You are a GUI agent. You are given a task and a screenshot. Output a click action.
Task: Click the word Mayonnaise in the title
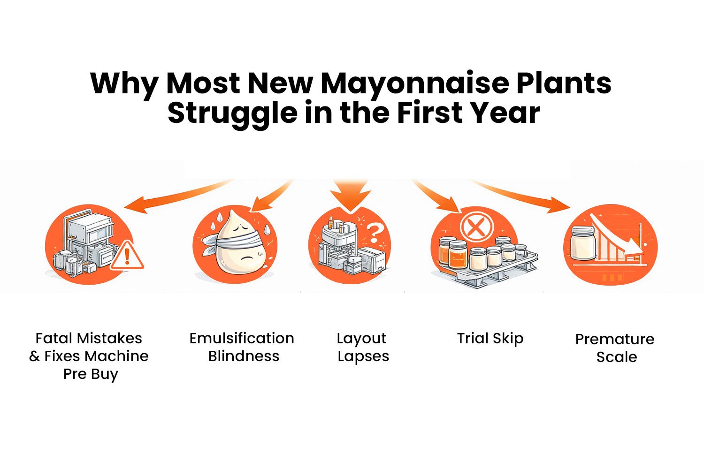(415, 83)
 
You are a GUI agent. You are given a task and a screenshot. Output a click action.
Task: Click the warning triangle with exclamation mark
(127, 256)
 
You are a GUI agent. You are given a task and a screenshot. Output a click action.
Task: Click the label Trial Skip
(490, 338)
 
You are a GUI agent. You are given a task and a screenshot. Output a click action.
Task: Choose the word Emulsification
(242, 338)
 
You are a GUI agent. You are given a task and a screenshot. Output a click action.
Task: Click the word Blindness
(244, 356)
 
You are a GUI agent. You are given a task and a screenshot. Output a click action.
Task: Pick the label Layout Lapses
(362, 347)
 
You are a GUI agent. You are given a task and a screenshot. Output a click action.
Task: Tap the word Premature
(615, 339)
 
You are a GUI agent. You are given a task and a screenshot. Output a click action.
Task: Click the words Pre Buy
(91, 374)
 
